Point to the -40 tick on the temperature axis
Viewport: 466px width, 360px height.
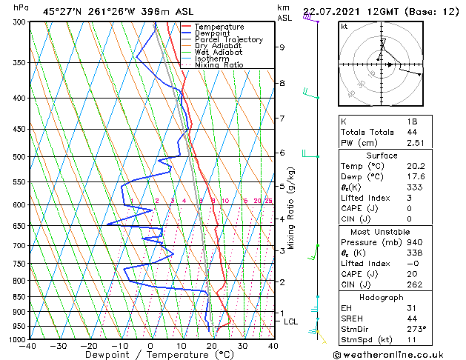[x=28, y=346]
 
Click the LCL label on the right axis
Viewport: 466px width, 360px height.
[x=291, y=321]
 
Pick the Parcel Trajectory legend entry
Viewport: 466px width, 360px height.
[x=228, y=40]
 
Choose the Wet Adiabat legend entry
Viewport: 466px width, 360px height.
[x=219, y=53]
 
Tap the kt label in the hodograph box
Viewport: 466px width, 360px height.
[x=344, y=27]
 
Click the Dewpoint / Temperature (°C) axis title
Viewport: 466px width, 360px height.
[x=150, y=355]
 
